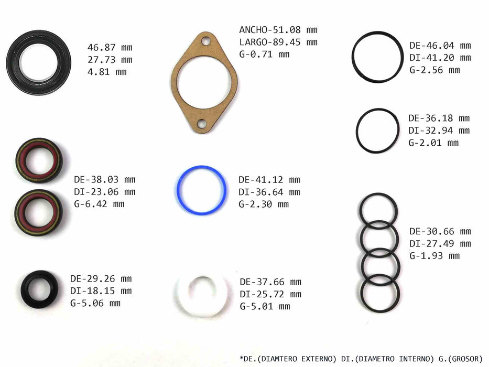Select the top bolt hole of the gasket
[x=205, y=41]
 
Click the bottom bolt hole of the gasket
[x=202, y=124]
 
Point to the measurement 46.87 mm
[x=110, y=47]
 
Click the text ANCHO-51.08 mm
[x=278, y=30]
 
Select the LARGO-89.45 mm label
[x=278, y=42]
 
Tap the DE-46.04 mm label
[x=440, y=46]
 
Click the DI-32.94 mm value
[x=439, y=131]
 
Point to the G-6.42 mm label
[x=99, y=204]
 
